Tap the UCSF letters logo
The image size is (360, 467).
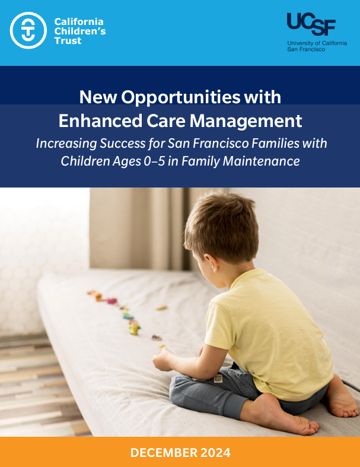pos(311,24)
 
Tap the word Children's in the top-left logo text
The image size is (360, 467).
pos(80,31)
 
